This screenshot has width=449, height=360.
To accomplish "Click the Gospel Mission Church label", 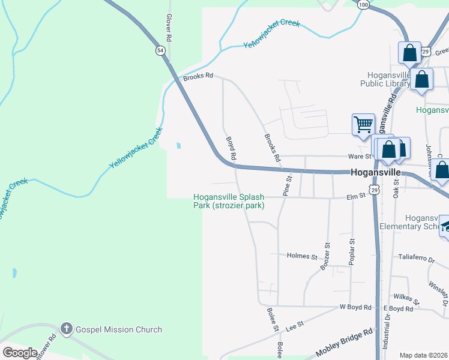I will (x=119, y=329).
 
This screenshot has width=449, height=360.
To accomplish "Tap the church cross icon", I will (x=66, y=329).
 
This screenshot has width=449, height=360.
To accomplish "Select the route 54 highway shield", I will (x=160, y=51).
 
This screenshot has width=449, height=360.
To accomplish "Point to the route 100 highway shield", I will (x=363, y=4).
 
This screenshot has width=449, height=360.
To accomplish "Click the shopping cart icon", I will (x=363, y=125).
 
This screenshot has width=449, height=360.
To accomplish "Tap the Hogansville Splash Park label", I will (x=229, y=201).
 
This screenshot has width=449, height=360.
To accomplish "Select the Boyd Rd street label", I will (x=231, y=148).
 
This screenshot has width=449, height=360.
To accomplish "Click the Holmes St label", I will (x=302, y=256).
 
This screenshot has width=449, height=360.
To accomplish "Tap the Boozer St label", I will (x=326, y=256).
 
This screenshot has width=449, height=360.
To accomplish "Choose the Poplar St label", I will (x=352, y=251).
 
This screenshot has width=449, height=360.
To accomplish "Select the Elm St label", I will (x=356, y=196).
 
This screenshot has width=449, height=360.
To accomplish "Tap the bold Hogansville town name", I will (x=376, y=172).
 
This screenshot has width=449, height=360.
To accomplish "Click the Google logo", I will (x=20, y=353).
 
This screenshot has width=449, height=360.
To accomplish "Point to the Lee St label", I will (x=292, y=327).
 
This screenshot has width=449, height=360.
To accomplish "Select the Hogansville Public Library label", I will (x=385, y=79).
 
